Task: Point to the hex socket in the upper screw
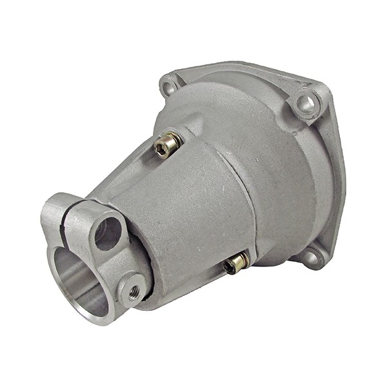click(x=161, y=148)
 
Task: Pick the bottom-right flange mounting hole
click(x=312, y=257)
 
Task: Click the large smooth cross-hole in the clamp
click(x=108, y=233)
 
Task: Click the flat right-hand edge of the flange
click(x=338, y=181)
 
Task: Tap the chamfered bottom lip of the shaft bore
click(x=90, y=316)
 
